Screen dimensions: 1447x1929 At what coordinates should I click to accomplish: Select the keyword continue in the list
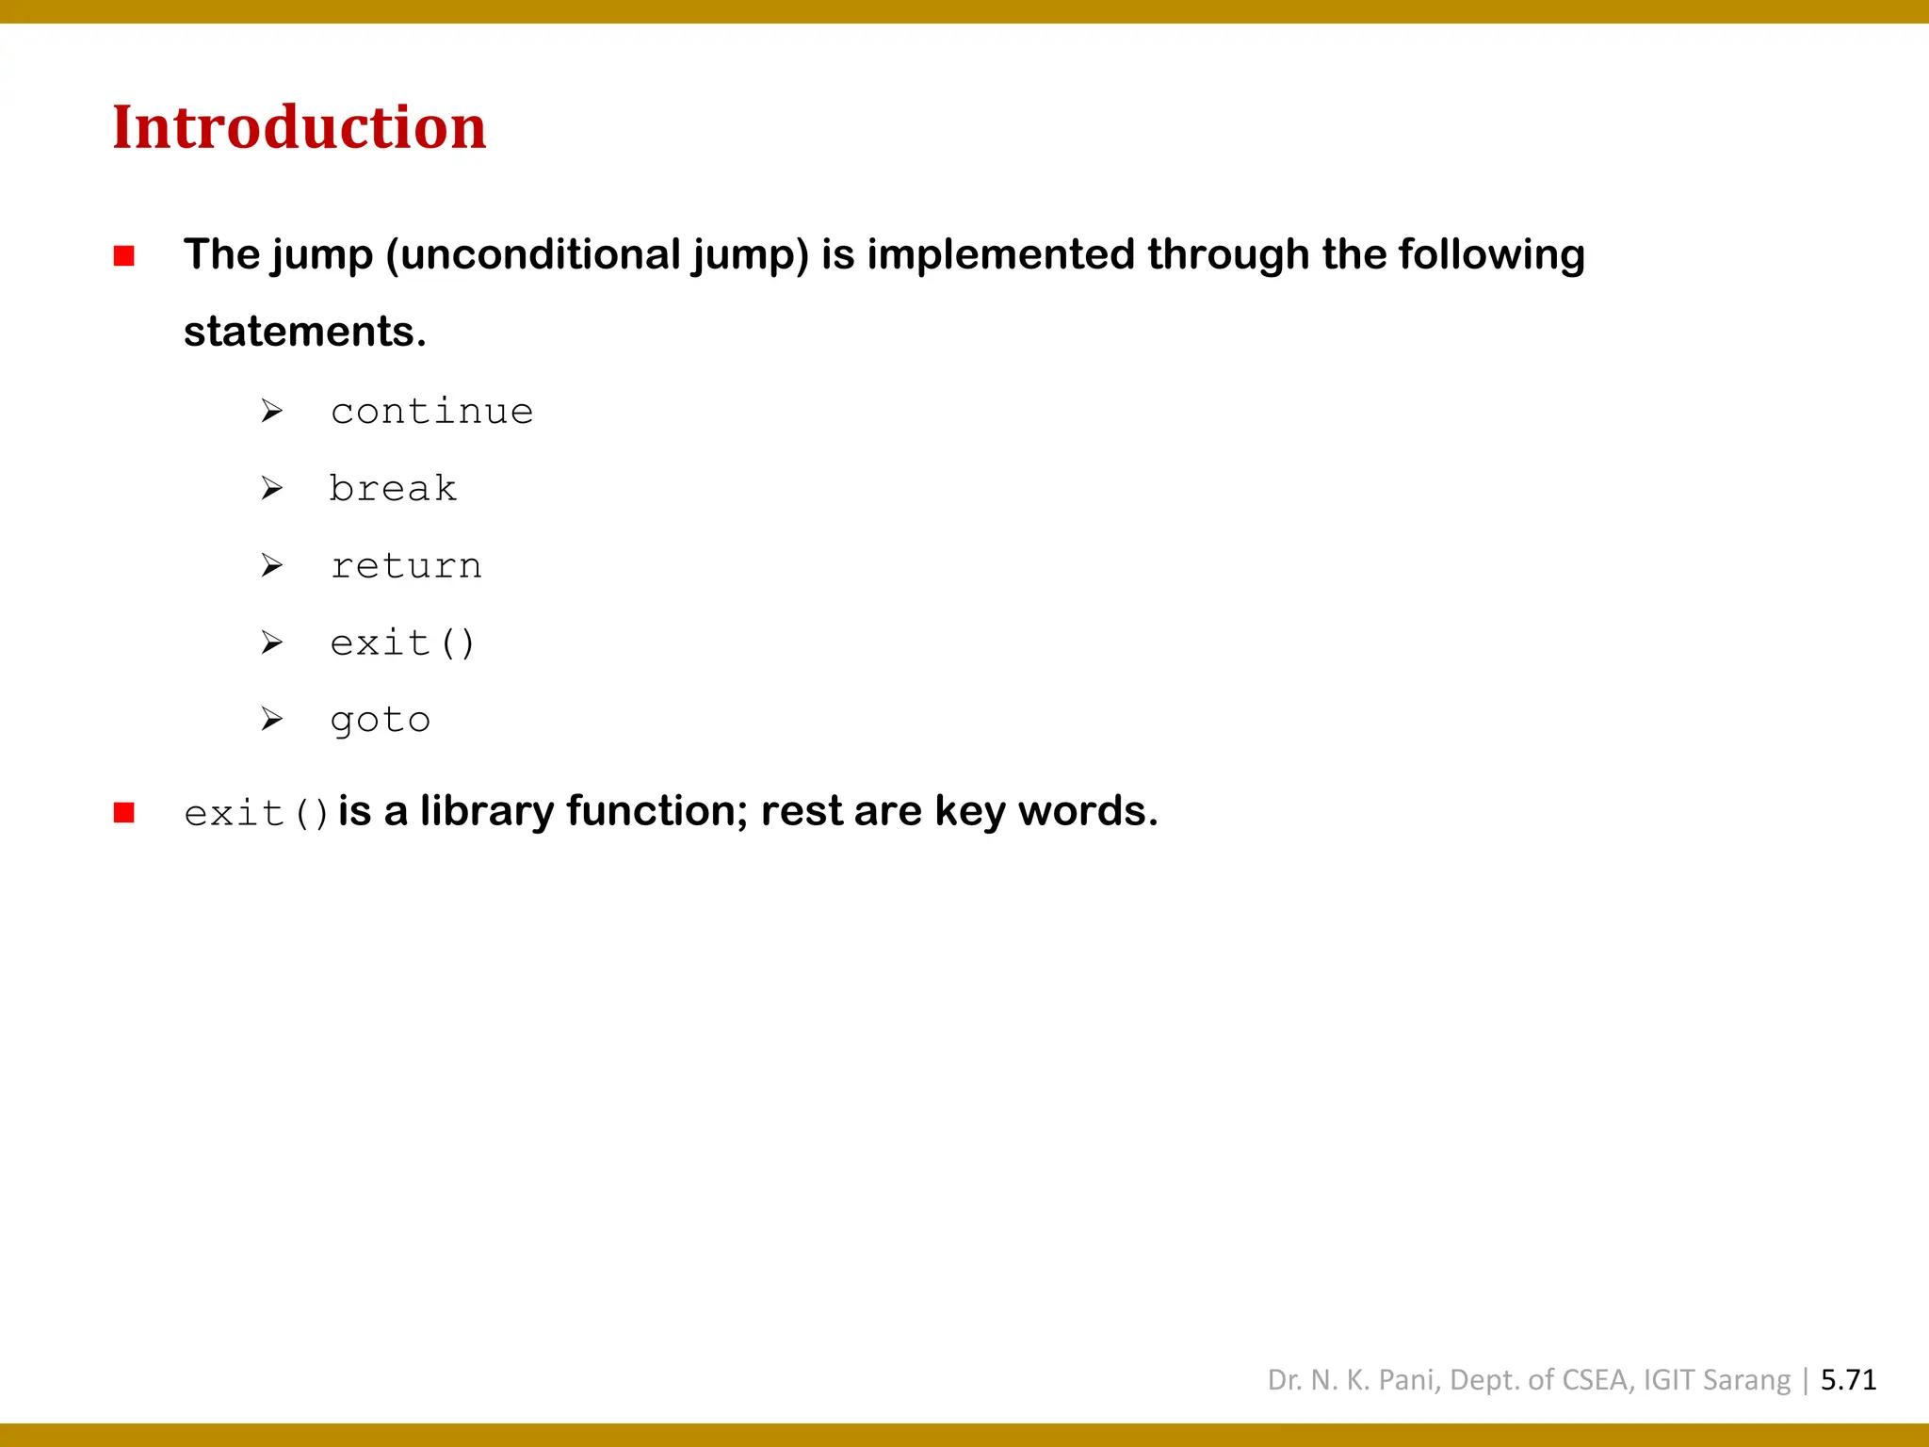(431, 412)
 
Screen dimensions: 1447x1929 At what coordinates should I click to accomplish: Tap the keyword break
(393, 489)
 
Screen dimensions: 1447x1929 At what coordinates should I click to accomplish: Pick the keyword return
(406, 566)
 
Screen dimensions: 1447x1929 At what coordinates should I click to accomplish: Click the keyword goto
(381, 721)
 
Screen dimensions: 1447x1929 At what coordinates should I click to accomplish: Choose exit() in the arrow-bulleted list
(403, 643)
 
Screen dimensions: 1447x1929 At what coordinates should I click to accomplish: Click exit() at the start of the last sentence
(256, 813)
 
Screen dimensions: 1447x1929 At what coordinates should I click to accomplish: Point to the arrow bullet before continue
(272, 411)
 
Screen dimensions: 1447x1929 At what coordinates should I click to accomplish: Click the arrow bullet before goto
(272, 720)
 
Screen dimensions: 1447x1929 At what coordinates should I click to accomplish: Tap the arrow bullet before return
(272, 565)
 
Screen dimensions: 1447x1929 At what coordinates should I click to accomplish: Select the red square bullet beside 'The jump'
(124, 256)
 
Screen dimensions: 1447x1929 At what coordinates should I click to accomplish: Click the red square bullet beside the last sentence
(124, 813)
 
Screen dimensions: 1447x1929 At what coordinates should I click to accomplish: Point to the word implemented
(1000, 255)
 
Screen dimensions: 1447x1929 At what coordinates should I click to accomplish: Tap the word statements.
(304, 332)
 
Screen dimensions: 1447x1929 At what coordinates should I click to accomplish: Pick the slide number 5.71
(1848, 1380)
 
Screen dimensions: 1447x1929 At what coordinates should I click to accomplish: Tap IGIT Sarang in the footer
(1716, 1380)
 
